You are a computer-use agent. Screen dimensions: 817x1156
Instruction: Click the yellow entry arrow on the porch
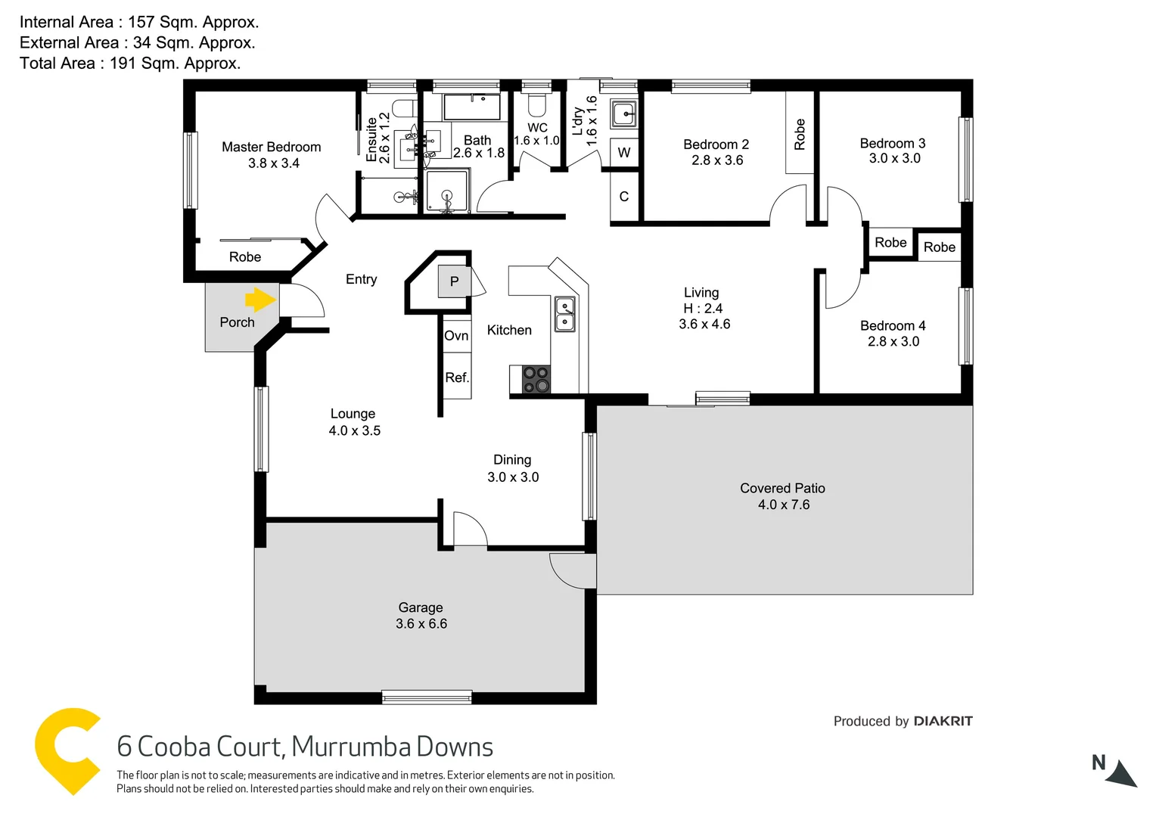[x=261, y=300]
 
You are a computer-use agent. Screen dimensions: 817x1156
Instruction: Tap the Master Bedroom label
[x=271, y=148]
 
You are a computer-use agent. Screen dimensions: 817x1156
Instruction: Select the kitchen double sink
[x=564, y=314]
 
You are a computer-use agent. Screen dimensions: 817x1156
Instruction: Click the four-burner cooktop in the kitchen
[x=536, y=380]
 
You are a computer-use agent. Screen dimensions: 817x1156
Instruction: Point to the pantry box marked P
[x=454, y=281]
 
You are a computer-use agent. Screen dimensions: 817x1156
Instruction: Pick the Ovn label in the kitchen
[x=456, y=336]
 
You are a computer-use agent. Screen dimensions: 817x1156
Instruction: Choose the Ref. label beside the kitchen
[x=457, y=377]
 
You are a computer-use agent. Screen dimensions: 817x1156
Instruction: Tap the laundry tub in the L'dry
[x=624, y=114]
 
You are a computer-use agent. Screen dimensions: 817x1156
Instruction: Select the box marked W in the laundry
[x=624, y=153]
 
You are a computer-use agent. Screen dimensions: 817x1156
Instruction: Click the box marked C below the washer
[x=624, y=197]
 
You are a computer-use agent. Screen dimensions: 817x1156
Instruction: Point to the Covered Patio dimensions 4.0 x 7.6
[x=784, y=505]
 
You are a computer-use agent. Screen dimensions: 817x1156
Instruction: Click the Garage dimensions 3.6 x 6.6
[x=421, y=624]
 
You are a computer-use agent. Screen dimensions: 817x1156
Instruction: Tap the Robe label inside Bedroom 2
[x=800, y=134]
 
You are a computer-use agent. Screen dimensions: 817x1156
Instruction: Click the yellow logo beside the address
[x=67, y=750]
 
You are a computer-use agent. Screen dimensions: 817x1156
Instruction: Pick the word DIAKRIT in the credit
[x=943, y=721]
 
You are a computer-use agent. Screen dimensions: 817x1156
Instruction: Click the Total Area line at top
[x=130, y=64]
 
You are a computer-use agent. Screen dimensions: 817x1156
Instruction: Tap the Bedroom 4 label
[x=893, y=326]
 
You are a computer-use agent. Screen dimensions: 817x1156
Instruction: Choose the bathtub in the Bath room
[x=471, y=107]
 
